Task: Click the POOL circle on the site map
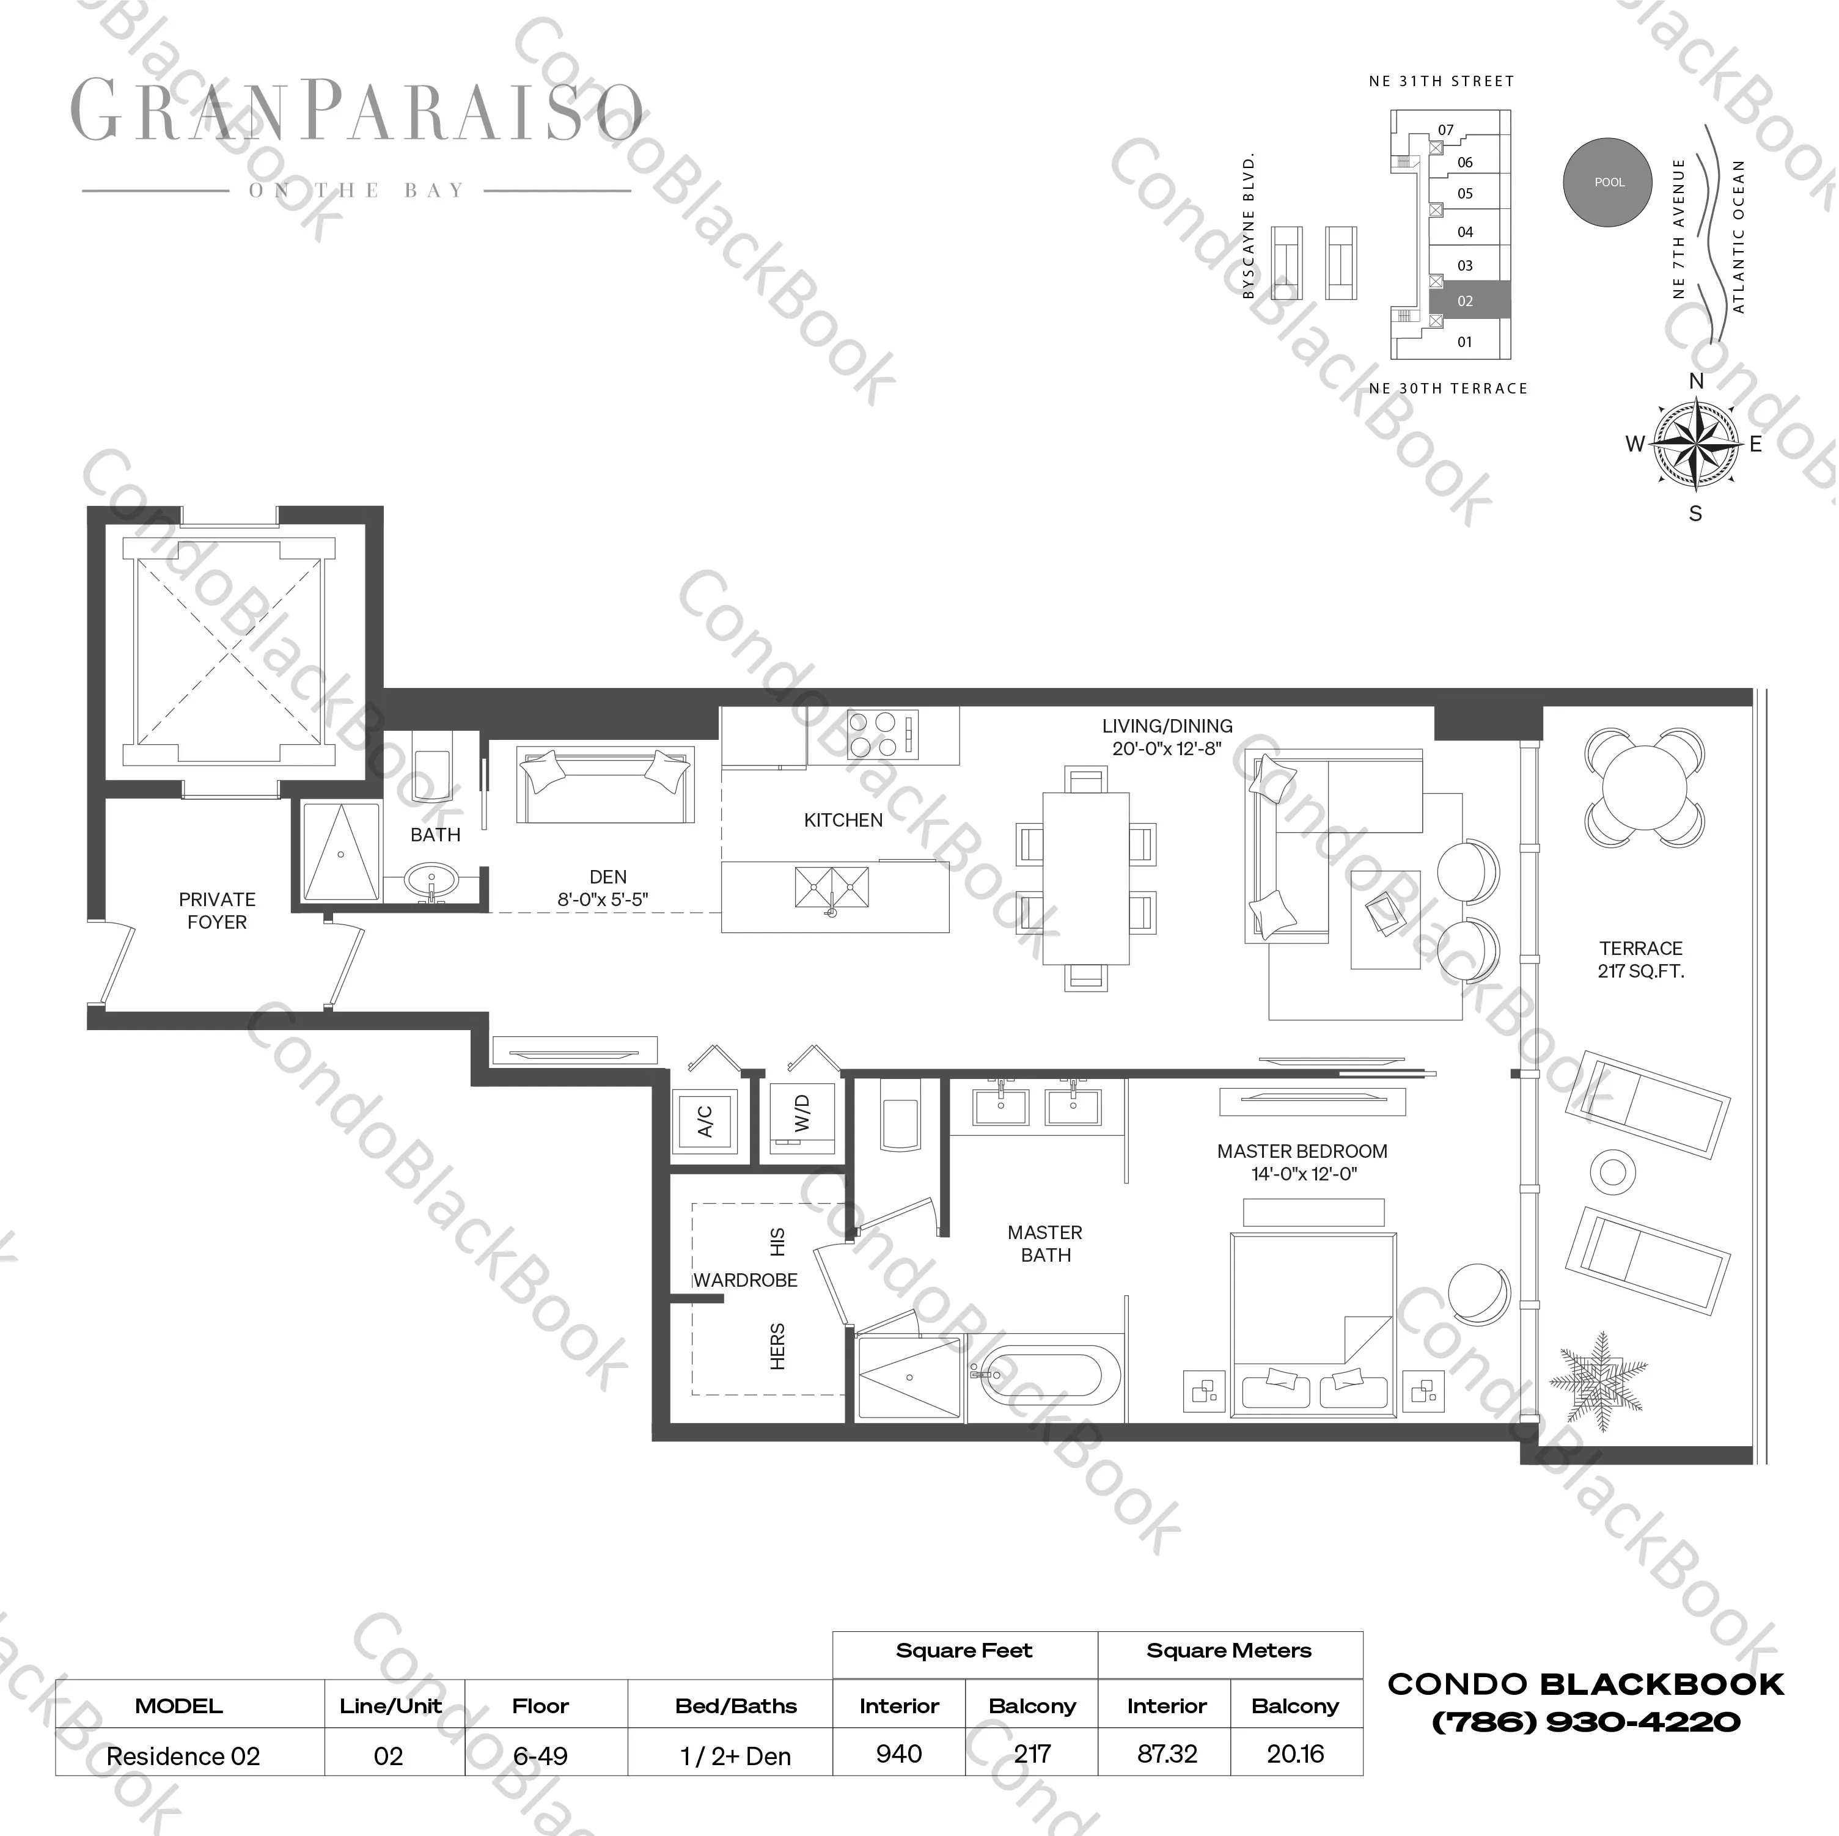(x=1609, y=182)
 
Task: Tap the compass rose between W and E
(x=1695, y=444)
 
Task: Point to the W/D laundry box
(x=802, y=1116)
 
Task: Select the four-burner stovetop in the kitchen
(x=883, y=735)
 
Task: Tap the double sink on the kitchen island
(x=832, y=888)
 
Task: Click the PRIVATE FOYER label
(x=217, y=911)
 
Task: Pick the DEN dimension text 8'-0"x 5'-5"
(x=603, y=899)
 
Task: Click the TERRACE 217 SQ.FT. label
(x=1640, y=959)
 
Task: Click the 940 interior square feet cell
(x=898, y=1753)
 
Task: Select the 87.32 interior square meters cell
(x=1166, y=1753)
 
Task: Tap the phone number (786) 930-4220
(x=1586, y=1722)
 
